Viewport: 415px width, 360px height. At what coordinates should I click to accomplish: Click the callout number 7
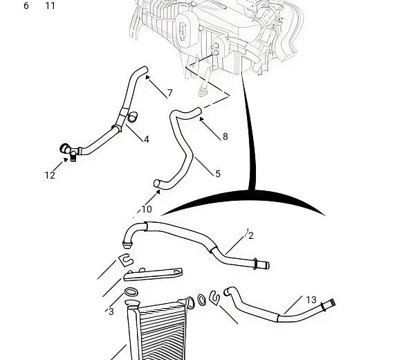[x=170, y=93]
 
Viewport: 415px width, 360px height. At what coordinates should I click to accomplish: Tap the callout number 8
[x=225, y=136]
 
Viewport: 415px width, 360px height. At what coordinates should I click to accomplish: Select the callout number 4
[x=147, y=139]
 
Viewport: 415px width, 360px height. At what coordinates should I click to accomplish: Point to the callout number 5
[x=218, y=174]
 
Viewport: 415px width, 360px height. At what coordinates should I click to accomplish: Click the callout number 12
[x=50, y=175]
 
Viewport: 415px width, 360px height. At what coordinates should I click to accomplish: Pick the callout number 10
[x=147, y=209]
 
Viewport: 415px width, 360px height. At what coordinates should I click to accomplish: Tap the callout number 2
[x=251, y=235]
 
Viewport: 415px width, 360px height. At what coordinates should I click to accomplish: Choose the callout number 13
[x=311, y=300]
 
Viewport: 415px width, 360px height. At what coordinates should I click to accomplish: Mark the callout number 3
[x=111, y=312]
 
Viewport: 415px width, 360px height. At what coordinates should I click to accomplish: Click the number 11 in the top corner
[x=50, y=6]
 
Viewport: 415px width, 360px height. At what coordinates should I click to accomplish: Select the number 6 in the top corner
[x=26, y=6]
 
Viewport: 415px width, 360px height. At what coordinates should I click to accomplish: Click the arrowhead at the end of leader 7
[x=147, y=77]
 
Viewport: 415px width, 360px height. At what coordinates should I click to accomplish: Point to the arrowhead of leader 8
[x=201, y=119]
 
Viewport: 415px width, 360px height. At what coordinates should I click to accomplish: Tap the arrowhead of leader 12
[x=66, y=159]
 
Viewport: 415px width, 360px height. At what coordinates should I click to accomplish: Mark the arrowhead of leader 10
[x=158, y=191]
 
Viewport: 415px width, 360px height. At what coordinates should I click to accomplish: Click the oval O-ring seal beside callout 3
[x=131, y=292]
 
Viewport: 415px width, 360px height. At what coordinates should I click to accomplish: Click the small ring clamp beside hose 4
[x=132, y=117]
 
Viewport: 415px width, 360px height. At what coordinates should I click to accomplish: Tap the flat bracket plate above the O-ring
[x=154, y=274]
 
